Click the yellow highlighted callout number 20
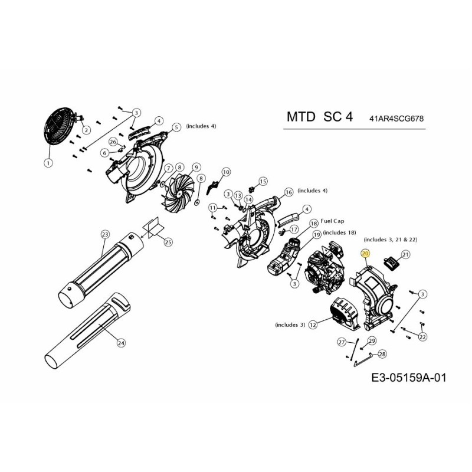(x=365, y=253)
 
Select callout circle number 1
(x=48, y=162)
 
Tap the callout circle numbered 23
(x=106, y=235)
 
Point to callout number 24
(x=122, y=342)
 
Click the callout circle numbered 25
(x=168, y=242)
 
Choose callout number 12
(x=313, y=324)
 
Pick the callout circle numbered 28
(x=382, y=354)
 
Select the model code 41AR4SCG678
(x=397, y=119)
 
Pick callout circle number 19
(x=317, y=235)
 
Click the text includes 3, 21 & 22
(x=391, y=240)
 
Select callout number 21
(x=405, y=255)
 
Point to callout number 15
(x=263, y=181)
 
